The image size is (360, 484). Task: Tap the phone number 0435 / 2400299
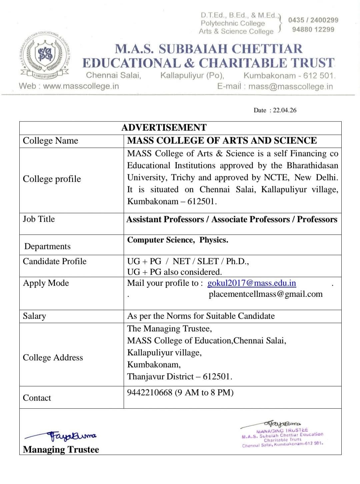313,20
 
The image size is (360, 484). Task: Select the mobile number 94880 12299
313,29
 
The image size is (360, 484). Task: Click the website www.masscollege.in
81,86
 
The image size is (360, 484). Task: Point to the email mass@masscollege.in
290,86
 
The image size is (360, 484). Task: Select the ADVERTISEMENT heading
164,128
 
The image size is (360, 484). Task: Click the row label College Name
50,141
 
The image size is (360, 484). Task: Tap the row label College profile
52,179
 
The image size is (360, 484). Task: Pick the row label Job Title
39,219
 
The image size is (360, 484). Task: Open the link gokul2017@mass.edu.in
251,283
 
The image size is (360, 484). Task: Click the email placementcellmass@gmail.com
265,294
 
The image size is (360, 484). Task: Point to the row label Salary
34,316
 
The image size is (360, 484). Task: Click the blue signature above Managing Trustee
62,435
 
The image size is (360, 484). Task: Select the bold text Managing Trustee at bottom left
61,449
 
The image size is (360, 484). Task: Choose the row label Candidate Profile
55,261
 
